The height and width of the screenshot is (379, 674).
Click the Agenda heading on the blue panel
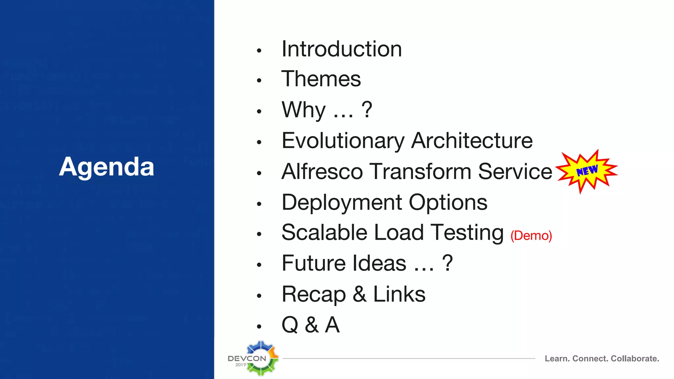(107, 167)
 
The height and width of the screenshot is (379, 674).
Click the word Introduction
(342, 49)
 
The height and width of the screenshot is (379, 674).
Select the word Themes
(321, 79)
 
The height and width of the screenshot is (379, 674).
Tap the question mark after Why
(367, 110)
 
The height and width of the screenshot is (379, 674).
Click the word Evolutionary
(343, 141)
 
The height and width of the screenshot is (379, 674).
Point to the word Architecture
(472, 141)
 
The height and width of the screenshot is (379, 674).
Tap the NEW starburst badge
(587, 171)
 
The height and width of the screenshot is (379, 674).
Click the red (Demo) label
(531, 236)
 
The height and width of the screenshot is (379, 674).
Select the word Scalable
(324, 233)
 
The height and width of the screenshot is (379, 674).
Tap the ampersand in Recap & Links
(360, 294)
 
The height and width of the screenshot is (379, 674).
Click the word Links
(399, 294)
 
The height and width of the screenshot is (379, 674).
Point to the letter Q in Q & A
(290, 325)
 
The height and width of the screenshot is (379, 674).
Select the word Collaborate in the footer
(635, 359)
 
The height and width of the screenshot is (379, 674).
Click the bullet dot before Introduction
(259, 51)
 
